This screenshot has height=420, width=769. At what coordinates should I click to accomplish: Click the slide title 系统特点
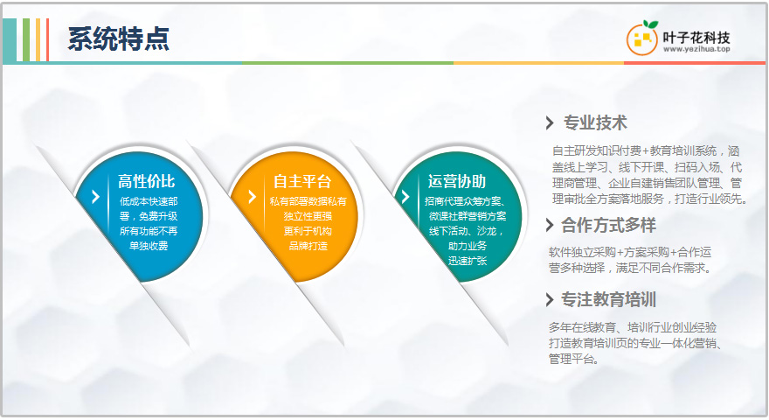click(x=118, y=38)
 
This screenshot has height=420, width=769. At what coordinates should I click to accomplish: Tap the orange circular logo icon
click(x=642, y=38)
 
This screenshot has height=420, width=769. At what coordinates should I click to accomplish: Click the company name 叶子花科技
click(x=696, y=37)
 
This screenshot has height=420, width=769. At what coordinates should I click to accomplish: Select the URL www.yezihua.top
click(x=696, y=49)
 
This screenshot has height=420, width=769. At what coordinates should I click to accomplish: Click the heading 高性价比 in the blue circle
click(x=146, y=181)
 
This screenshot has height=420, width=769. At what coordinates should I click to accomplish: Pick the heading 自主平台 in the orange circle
click(x=302, y=181)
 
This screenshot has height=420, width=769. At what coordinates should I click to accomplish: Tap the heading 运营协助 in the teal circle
click(x=456, y=181)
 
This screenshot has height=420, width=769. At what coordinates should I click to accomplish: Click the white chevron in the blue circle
click(x=95, y=197)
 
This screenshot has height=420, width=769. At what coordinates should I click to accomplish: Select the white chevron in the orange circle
click(x=252, y=197)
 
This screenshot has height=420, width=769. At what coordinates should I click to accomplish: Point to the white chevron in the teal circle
click(x=405, y=197)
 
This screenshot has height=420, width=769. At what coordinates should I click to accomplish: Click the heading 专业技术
click(x=595, y=122)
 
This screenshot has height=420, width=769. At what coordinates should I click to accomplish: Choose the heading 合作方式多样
click(x=608, y=226)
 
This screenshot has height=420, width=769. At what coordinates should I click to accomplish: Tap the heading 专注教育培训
click(x=608, y=299)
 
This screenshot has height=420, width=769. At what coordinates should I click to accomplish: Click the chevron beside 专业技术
click(x=550, y=122)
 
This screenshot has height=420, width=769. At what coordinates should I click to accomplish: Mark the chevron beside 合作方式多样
click(x=550, y=226)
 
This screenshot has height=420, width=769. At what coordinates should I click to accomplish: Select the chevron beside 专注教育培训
click(x=550, y=299)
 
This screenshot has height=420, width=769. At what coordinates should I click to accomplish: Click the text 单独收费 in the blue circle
click(x=149, y=246)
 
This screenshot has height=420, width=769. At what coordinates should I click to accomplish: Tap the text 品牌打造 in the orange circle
click(x=308, y=246)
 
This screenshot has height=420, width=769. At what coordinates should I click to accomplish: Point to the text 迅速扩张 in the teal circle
click(x=468, y=261)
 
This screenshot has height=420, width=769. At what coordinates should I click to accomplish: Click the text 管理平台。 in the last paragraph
click(x=574, y=360)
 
